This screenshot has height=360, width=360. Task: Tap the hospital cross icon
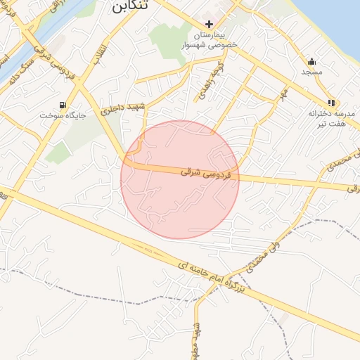[x=209, y=24]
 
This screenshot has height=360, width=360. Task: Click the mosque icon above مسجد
[x=311, y=60]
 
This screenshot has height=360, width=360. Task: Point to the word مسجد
[x=311, y=72]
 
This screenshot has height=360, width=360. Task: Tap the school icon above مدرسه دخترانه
[x=331, y=103]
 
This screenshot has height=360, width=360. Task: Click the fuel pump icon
[x=63, y=105]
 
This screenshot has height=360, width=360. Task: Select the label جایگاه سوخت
[x=62, y=115]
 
